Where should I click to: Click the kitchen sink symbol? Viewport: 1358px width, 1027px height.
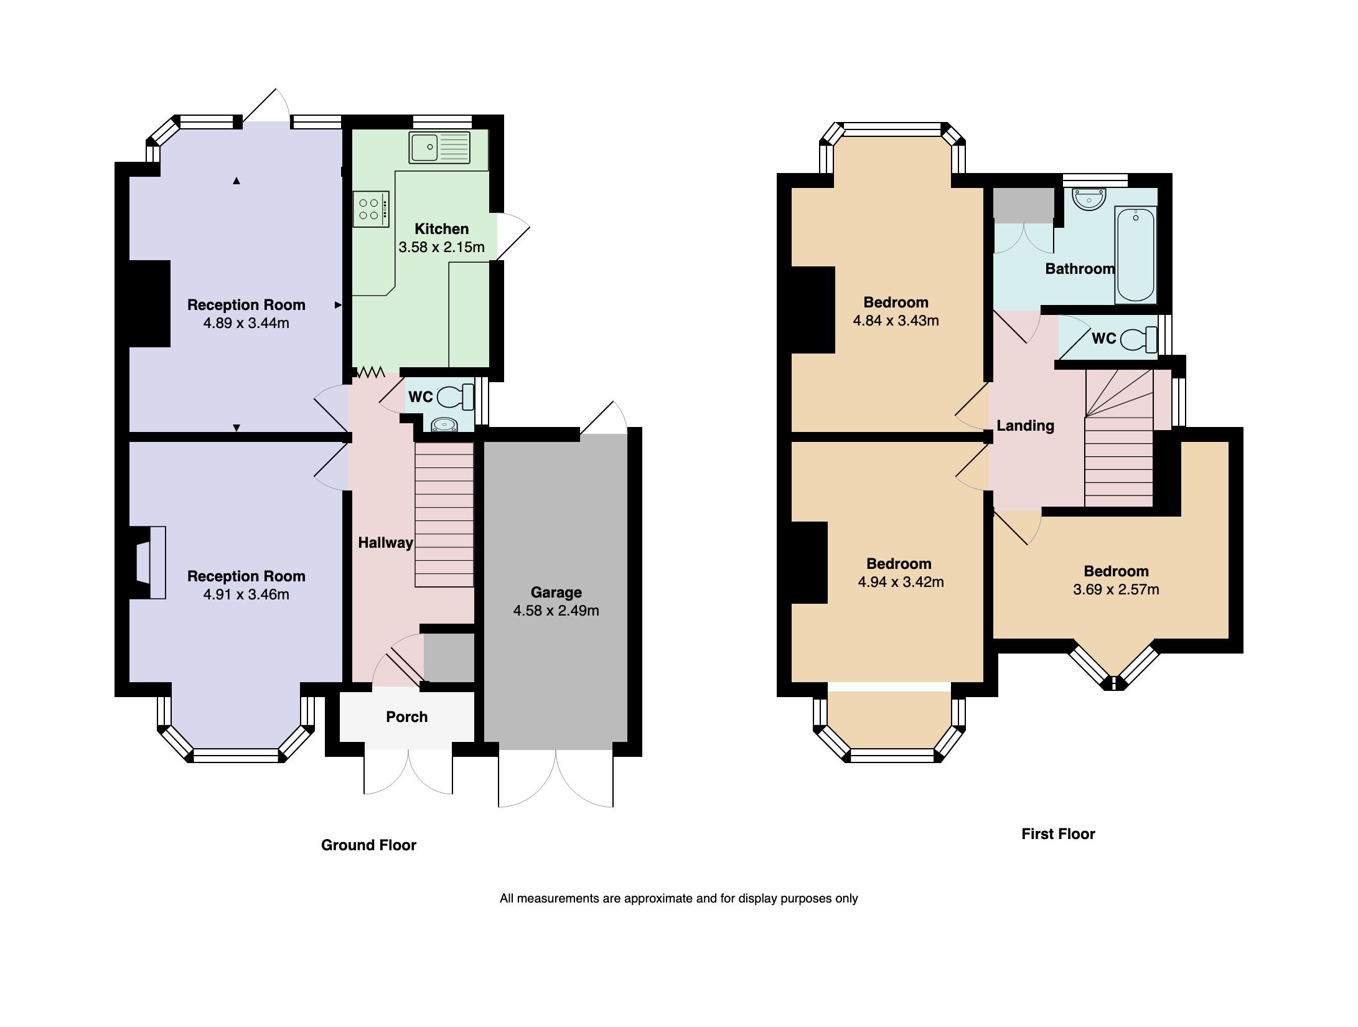[x=439, y=148]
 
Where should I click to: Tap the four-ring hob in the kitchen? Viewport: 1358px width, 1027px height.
[x=371, y=209]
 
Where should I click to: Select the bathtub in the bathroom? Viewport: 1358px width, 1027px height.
[x=1135, y=255]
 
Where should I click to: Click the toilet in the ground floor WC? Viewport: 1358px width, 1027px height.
[x=456, y=396]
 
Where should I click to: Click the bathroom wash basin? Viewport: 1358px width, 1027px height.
[x=1089, y=200]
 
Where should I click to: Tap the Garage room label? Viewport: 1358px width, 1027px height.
[x=556, y=592]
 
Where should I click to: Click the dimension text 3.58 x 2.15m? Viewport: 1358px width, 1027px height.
[x=441, y=247]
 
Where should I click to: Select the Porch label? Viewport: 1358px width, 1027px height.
[x=406, y=716]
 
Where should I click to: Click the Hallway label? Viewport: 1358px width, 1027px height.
[x=385, y=542]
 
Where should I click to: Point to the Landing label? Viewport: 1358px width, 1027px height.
[x=1025, y=425]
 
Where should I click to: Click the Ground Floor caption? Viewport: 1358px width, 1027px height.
[x=368, y=845]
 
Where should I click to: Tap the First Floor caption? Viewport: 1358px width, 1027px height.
[x=1058, y=833]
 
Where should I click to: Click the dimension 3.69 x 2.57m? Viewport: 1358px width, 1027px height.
[x=1116, y=589]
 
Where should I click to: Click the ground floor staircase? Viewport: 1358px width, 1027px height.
[x=444, y=514]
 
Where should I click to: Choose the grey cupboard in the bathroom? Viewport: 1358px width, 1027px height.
[x=1023, y=204]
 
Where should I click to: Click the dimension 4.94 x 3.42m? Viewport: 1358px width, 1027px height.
[x=901, y=582]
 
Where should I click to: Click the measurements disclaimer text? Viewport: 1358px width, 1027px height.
[x=678, y=898]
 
